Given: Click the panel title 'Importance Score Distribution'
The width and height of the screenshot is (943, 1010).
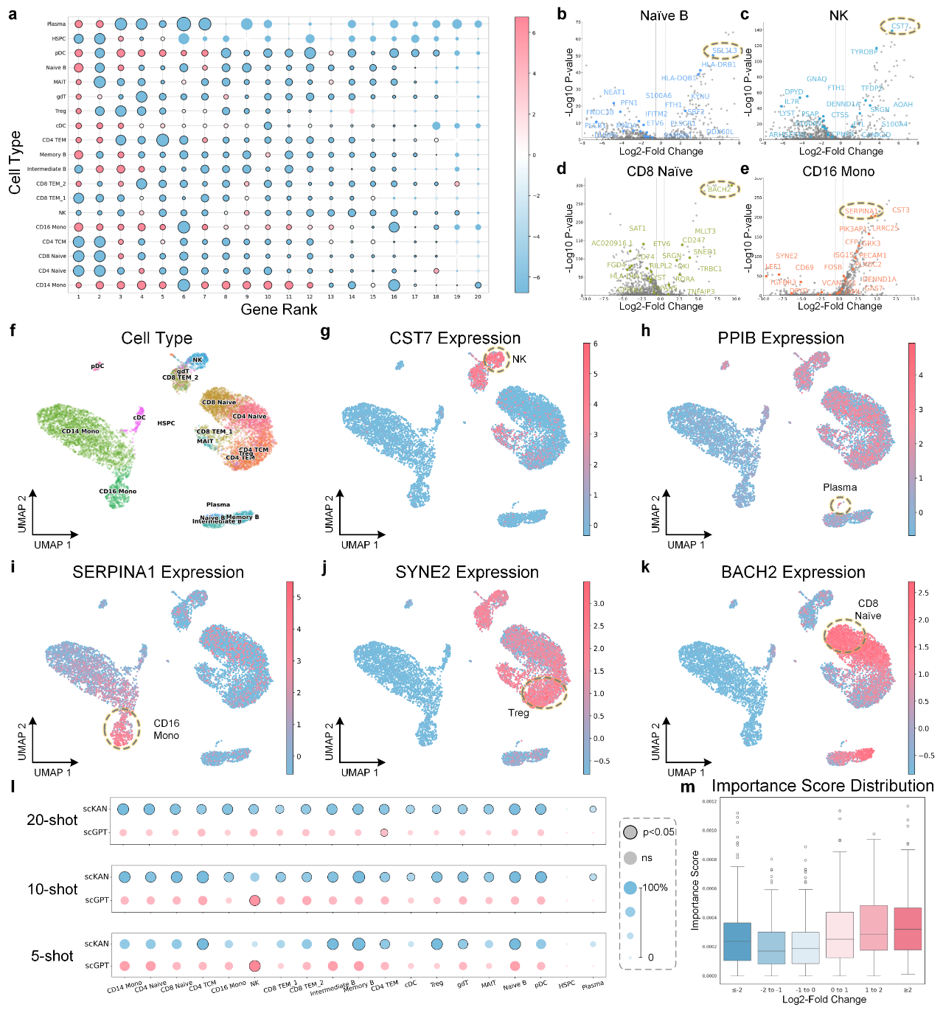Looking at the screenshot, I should pyautogui.click(x=822, y=786).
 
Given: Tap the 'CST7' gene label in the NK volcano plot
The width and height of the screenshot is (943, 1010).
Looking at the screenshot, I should pyautogui.click(x=899, y=27).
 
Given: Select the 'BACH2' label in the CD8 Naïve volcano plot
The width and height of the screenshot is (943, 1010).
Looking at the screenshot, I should pyautogui.click(x=719, y=189).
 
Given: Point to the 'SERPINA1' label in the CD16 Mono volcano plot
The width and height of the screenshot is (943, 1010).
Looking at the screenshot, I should pyautogui.click(x=861, y=212).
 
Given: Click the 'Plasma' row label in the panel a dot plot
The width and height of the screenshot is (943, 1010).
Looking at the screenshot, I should pyautogui.click(x=56, y=24).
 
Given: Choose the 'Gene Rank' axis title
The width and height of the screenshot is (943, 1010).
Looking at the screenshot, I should pyautogui.click(x=279, y=310).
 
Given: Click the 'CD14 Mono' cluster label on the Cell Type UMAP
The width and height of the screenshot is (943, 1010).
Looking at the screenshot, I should pyautogui.click(x=80, y=431).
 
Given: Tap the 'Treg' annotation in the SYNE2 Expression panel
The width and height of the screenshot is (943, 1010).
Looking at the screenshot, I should pyautogui.click(x=518, y=713).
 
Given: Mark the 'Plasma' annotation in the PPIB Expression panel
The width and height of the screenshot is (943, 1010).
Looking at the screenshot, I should pyautogui.click(x=840, y=487).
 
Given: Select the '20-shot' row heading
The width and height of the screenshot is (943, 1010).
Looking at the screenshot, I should pyautogui.click(x=52, y=820).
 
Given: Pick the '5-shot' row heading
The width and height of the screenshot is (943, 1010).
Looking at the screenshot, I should pyautogui.click(x=52, y=955).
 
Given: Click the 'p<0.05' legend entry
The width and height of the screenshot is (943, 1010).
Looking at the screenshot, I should pyautogui.click(x=658, y=832).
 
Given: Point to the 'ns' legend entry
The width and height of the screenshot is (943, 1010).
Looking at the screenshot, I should pyautogui.click(x=647, y=858).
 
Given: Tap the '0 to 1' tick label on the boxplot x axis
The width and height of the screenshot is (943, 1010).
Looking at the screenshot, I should pyautogui.click(x=839, y=990).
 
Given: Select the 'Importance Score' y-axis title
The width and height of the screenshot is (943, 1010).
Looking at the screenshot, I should pyautogui.click(x=695, y=890).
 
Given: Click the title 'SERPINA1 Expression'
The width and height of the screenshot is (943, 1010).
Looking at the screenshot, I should pyautogui.click(x=158, y=572).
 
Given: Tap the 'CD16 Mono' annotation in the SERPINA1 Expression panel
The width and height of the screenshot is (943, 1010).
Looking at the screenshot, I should pyautogui.click(x=166, y=729).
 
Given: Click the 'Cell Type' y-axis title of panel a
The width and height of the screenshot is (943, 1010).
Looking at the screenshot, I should pyautogui.click(x=15, y=162).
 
